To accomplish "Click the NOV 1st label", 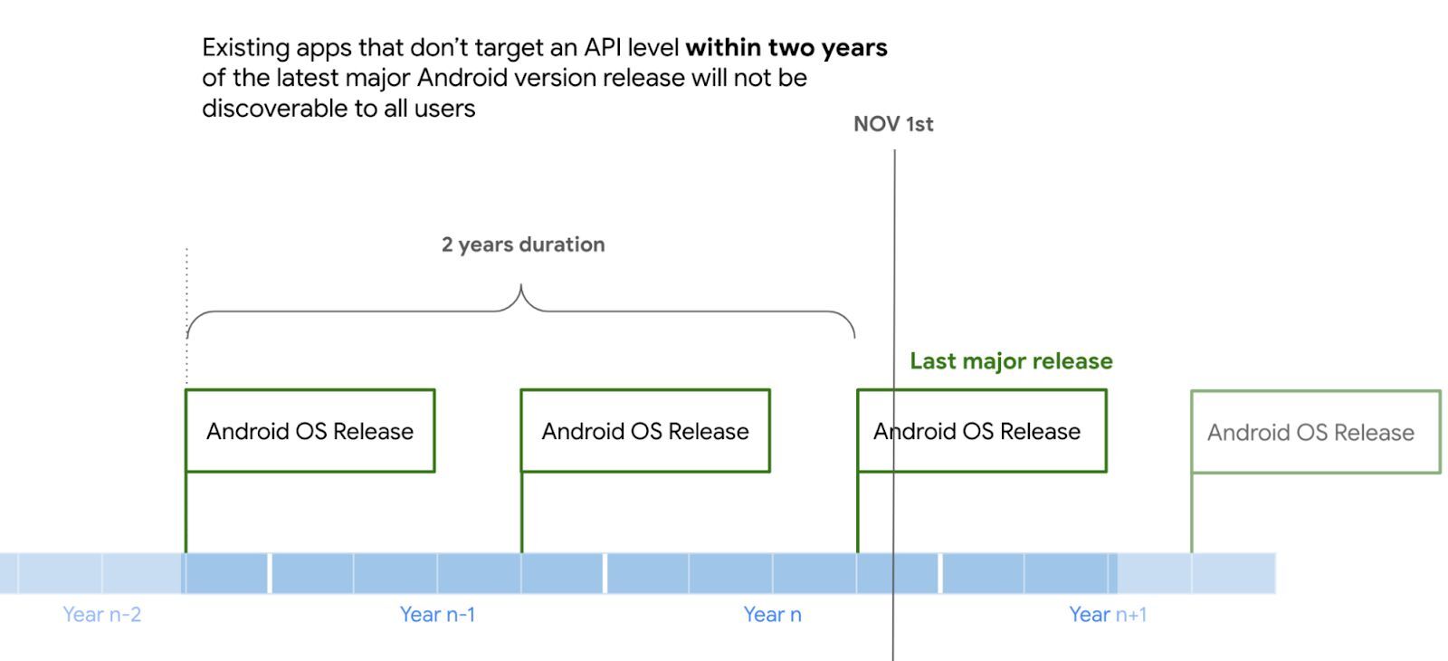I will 893,124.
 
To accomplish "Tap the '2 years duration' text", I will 523,244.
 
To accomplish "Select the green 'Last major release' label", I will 1011,361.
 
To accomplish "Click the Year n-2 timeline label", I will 101,615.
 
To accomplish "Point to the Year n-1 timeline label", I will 437,615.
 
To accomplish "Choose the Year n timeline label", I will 772,615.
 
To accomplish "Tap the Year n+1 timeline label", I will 1108,615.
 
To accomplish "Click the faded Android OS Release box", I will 1315,432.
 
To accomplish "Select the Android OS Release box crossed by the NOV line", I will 981,431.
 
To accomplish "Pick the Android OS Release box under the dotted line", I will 310,431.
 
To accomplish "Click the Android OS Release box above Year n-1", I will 645,431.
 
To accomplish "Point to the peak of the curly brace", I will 521,288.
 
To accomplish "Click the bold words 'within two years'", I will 786,47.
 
